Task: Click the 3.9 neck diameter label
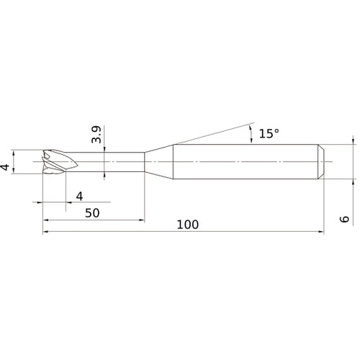[96, 135]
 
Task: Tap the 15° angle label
[269, 133]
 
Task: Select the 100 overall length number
[188, 225]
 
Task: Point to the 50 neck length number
[92, 213]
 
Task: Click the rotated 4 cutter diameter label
[5, 167]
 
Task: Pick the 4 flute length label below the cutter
[79, 197]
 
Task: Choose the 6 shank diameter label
[345, 219]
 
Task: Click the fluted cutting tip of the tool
[60, 161]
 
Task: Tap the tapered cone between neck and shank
[158, 162]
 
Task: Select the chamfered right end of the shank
[321, 161]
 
